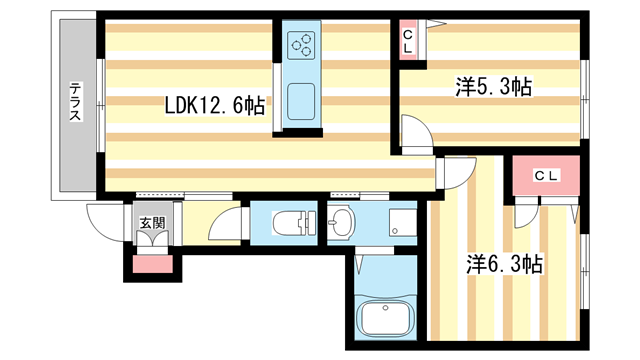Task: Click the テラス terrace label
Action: coord(75,101)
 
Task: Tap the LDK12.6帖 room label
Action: coord(215,102)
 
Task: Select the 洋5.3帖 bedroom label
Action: coord(493,87)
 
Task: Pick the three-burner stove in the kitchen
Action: coord(302,43)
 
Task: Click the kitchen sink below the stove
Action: coord(302,101)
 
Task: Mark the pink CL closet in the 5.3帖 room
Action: coord(409,41)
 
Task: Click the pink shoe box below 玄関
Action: coord(153,265)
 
